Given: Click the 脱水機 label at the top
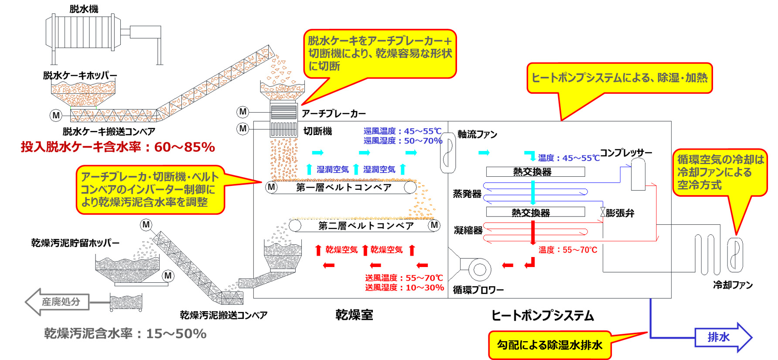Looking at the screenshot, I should [84, 9].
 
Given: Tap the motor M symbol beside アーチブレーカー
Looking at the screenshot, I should [243, 112].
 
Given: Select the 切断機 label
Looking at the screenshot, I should [317, 131].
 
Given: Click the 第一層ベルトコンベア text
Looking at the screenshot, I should [344, 187].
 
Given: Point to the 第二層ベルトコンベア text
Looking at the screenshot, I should [366, 226].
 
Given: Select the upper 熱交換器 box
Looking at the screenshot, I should [535, 171].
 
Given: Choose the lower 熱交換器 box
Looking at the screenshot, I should [535, 212].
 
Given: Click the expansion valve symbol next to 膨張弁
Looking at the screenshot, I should [603, 212].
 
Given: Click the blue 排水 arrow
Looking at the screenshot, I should [722, 337].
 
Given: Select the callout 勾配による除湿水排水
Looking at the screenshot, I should [549, 345].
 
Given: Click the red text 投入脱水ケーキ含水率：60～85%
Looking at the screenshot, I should [118, 147].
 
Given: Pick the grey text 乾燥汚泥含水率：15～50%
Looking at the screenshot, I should [125, 334].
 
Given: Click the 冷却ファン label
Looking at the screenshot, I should [733, 285].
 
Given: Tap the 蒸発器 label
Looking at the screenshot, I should [467, 194].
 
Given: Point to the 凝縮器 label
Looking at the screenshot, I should [467, 230].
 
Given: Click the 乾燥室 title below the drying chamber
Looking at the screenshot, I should [354, 315].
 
